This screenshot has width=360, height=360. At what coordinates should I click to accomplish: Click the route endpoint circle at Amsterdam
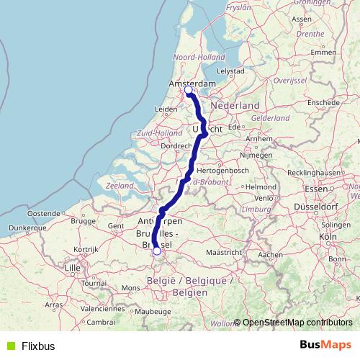[x=189, y=91]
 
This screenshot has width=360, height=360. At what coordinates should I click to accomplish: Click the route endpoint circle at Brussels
[x=157, y=251]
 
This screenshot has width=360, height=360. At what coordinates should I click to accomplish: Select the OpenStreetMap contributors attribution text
[x=297, y=323]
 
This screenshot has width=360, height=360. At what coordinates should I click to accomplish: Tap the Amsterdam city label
[x=192, y=84]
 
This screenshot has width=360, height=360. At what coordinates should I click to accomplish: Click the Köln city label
[x=328, y=236]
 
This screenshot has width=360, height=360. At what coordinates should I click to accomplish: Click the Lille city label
[x=73, y=267]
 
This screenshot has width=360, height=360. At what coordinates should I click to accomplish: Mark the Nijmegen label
[x=255, y=154]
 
